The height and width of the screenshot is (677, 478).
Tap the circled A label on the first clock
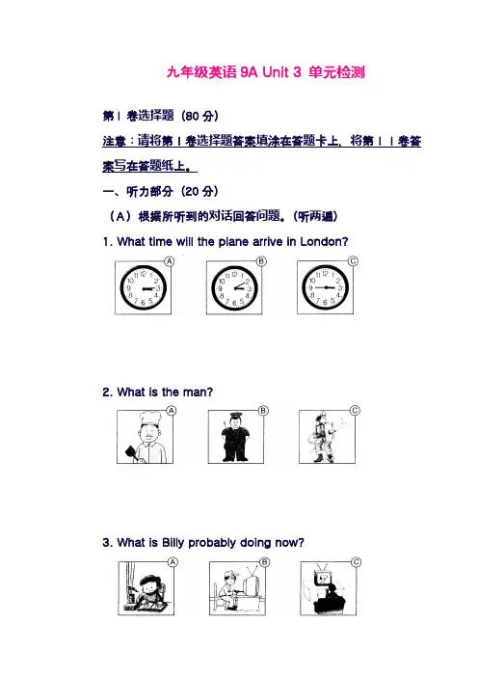coord(170,261)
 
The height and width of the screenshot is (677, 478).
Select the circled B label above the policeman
coord(263,411)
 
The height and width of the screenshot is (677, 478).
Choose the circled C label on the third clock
coord(353,260)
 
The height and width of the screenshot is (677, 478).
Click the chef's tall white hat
coord(149,418)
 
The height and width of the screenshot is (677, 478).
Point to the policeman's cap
coord(235,416)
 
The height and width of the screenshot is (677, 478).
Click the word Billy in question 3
coord(173,543)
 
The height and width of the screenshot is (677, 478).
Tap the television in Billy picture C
coord(322,579)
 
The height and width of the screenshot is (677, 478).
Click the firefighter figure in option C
coord(321,437)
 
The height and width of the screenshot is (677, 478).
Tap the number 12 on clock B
coord(234,274)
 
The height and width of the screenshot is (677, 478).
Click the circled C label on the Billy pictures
coord(357,562)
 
